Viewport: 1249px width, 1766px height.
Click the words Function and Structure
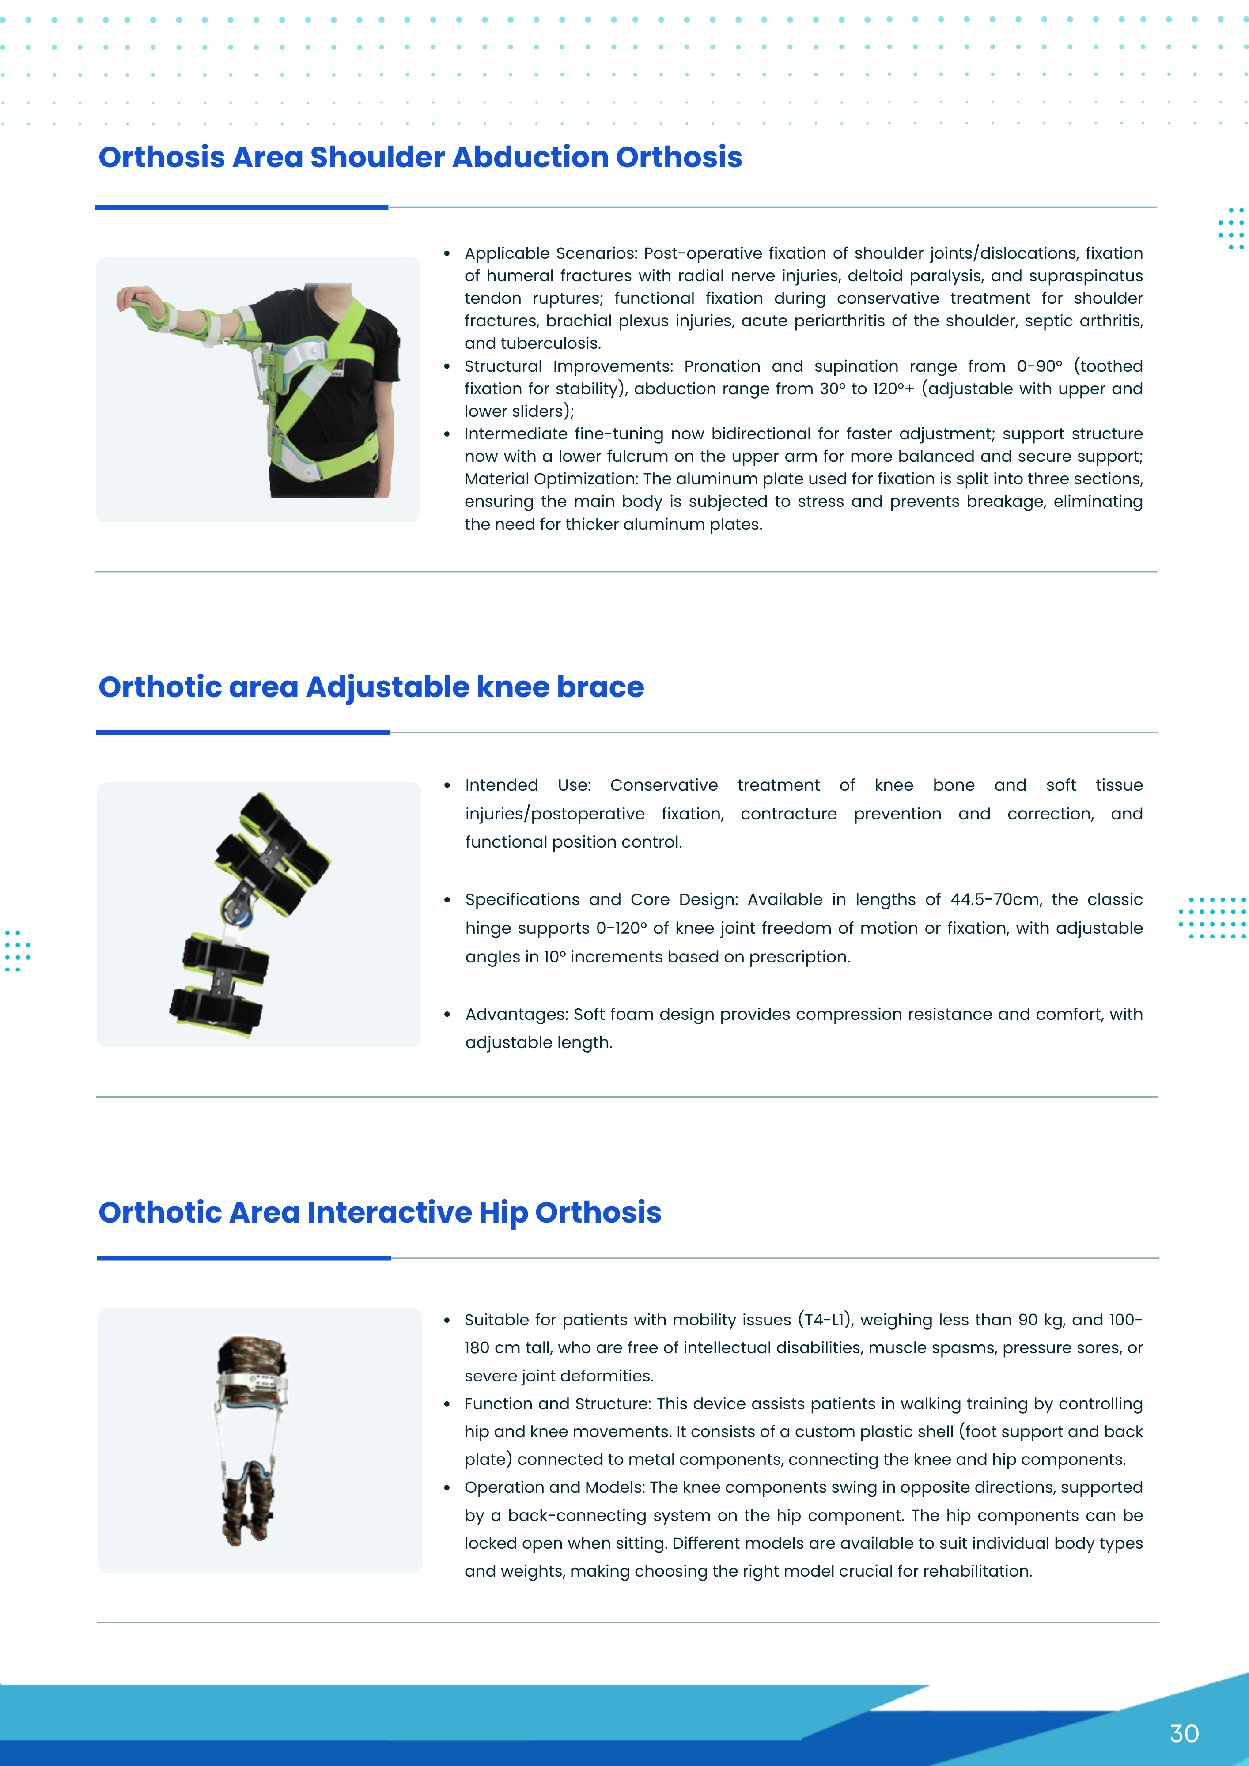pyautogui.click(x=556, y=1404)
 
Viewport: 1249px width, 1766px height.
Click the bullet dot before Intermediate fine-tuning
pyautogui.click(x=447, y=434)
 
